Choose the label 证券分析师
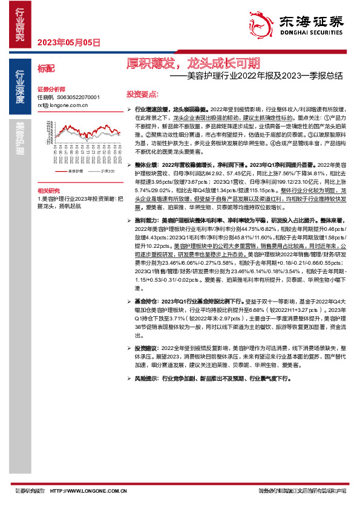pos(50,88)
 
